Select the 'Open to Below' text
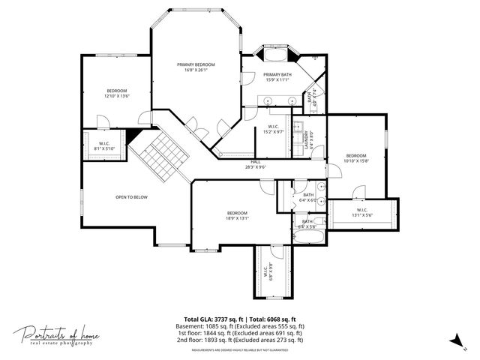(131, 197)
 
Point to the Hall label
(256, 164)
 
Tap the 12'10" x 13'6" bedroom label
(117, 94)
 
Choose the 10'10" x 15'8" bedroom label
(355, 158)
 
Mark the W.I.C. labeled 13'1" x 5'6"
(361, 211)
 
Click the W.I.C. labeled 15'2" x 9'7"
(273, 129)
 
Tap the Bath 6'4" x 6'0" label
(308, 198)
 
